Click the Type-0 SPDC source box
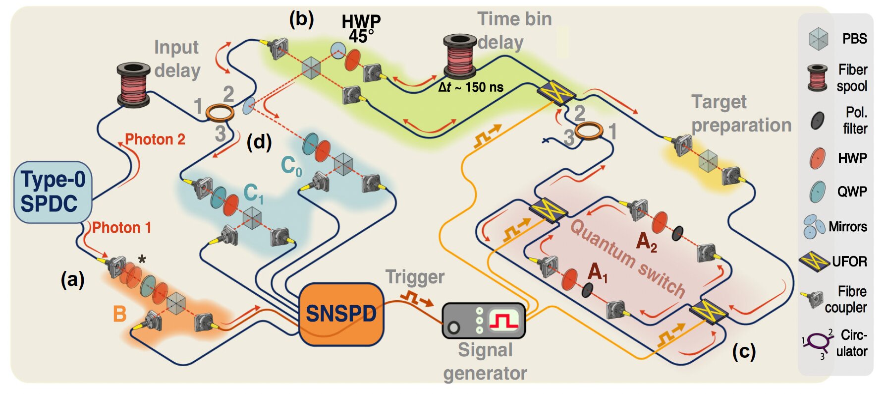(53, 192)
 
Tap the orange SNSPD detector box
(341, 314)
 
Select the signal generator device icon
(483, 321)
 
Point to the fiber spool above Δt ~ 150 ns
(460, 56)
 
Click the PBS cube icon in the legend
(818, 39)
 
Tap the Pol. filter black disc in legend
(817, 120)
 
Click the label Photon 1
(121, 228)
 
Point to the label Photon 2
(155, 139)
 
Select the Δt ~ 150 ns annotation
(471, 88)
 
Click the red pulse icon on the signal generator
(504, 321)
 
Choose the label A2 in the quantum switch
(646, 242)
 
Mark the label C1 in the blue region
(253, 194)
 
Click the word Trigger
(415, 277)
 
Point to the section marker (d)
(259, 142)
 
